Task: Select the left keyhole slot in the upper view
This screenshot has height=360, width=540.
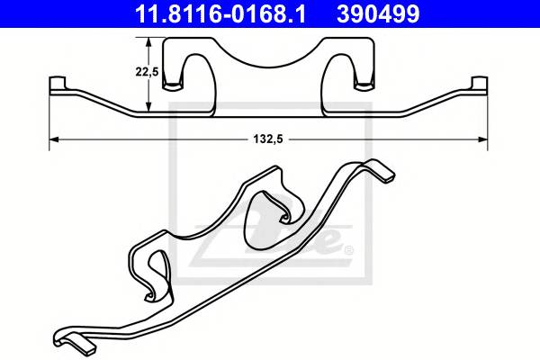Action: (x=191, y=72)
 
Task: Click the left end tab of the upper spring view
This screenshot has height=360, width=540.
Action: (x=55, y=86)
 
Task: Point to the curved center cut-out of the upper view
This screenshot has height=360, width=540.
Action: (x=269, y=54)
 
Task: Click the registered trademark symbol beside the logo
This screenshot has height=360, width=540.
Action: (x=347, y=248)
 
